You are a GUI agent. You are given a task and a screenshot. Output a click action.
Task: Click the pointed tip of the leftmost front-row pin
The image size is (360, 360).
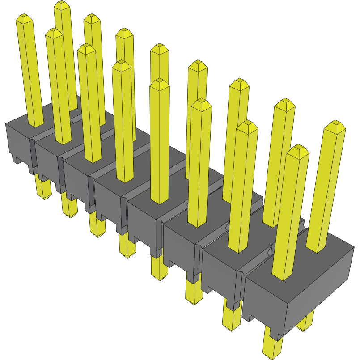click(x=25, y=18)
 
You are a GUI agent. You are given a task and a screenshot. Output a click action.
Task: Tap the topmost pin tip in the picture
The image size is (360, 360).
click(x=63, y=4)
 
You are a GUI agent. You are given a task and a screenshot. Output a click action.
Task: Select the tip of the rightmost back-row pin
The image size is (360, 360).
click(x=335, y=125)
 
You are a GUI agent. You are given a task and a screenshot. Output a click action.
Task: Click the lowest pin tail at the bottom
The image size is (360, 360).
click(x=272, y=351)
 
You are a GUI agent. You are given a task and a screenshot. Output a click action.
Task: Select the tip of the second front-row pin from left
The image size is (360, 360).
click(x=54, y=33)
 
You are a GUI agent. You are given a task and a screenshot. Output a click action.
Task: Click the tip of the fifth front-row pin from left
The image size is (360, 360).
click(x=160, y=83)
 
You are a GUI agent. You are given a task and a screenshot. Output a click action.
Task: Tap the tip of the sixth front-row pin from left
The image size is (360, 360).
click(x=201, y=103)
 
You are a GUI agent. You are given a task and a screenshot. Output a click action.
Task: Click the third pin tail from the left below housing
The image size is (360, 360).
click(x=97, y=228)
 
